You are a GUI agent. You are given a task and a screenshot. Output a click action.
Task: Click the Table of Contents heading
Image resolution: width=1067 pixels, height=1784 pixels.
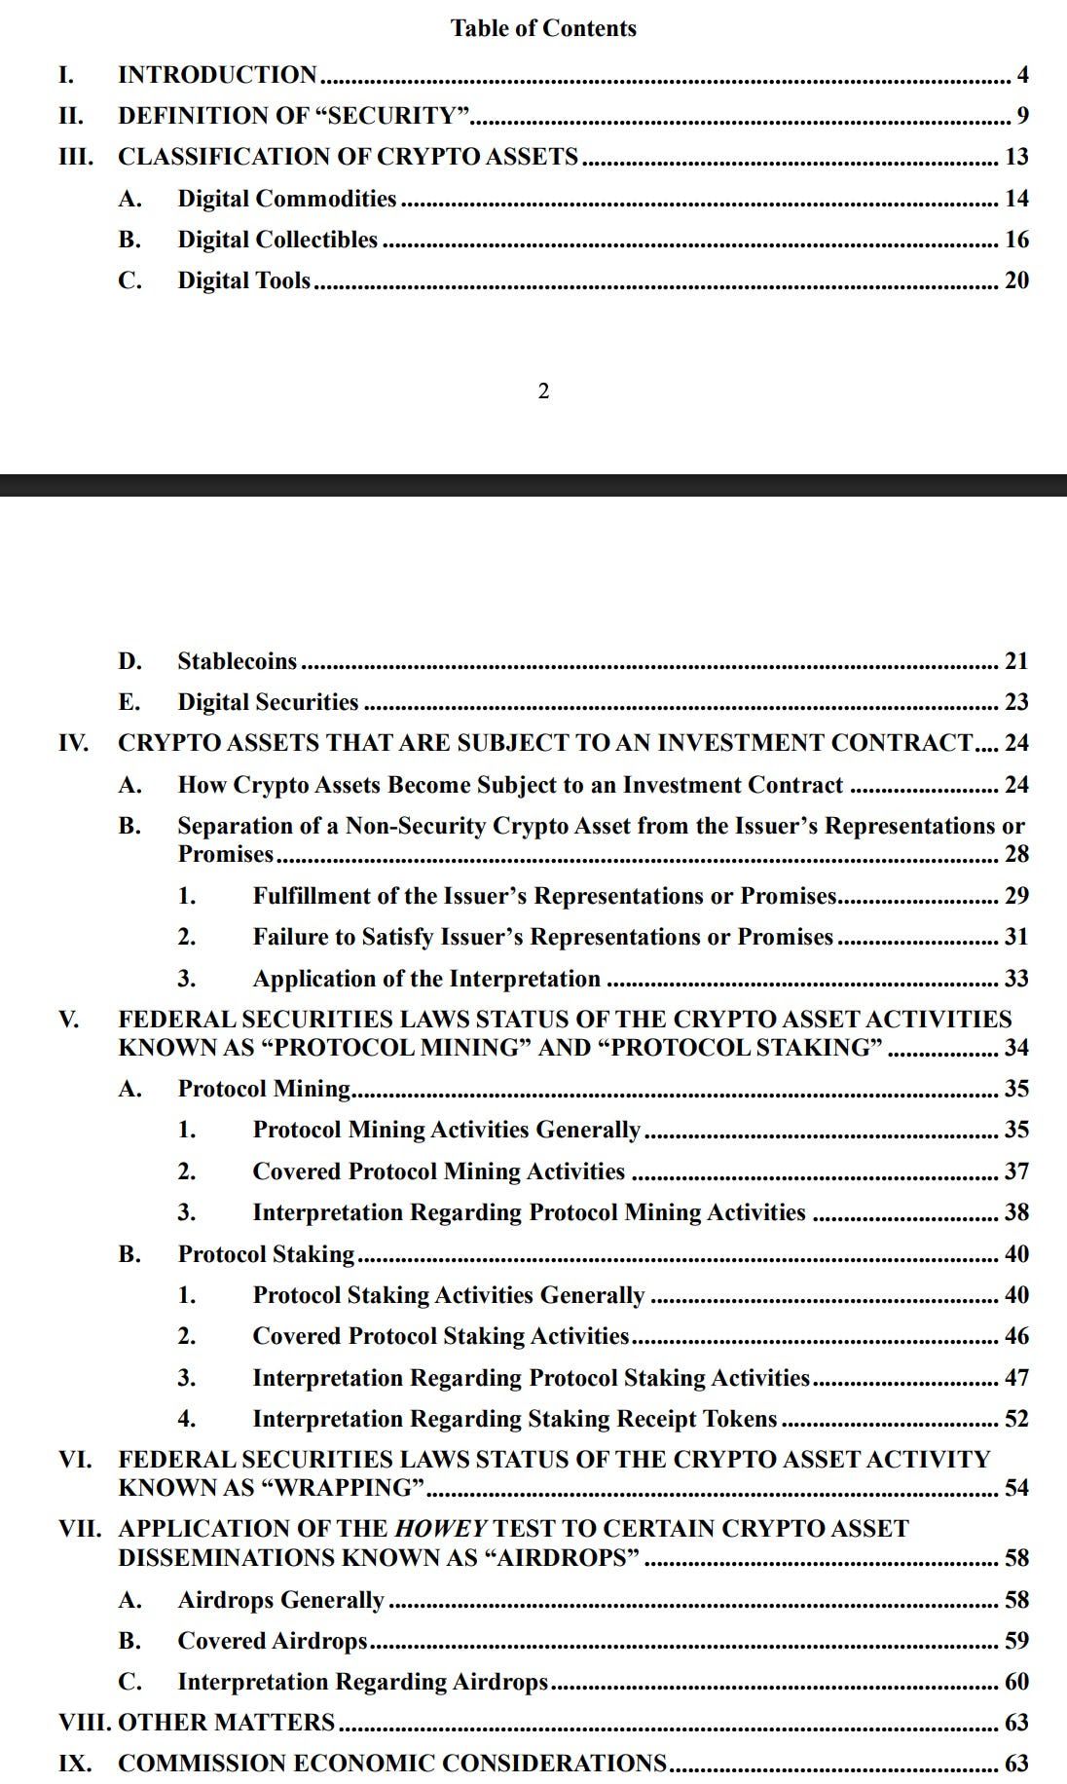point(543,28)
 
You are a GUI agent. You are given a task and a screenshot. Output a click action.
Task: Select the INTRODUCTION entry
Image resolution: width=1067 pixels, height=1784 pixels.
point(217,75)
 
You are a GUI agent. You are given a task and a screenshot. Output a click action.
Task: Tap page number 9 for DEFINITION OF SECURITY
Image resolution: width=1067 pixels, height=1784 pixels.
point(1022,116)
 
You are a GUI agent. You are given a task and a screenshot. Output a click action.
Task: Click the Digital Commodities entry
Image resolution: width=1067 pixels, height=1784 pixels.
point(286,199)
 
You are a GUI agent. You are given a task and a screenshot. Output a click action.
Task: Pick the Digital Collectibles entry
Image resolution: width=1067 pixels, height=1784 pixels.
point(277,240)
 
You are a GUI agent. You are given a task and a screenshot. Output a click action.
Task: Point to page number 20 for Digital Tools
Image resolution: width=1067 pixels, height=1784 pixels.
point(1016,280)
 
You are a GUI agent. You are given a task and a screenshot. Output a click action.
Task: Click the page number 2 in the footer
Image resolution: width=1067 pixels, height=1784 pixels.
point(543,391)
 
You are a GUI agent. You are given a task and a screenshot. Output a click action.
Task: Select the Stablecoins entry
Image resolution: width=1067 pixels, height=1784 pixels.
point(237,661)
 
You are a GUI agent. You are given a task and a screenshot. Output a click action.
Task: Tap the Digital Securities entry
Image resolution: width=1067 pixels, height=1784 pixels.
point(268,702)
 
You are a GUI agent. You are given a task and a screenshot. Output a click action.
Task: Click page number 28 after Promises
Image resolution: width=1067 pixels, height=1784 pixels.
point(1016,854)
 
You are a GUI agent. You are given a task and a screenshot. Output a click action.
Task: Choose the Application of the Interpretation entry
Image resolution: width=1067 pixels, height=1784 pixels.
point(426,979)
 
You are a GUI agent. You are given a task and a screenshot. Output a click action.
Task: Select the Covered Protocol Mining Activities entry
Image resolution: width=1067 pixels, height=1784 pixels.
point(438,1171)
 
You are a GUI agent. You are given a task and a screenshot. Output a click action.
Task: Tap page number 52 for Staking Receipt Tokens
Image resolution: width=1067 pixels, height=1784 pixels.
point(1016,1419)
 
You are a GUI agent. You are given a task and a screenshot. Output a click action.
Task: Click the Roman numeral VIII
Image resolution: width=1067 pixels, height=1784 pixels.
point(85,1723)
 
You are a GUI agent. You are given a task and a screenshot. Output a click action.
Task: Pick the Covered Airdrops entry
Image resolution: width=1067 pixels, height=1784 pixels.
point(272,1641)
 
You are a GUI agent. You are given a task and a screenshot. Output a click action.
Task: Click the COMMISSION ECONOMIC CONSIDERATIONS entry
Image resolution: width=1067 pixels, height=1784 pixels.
point(391,1764)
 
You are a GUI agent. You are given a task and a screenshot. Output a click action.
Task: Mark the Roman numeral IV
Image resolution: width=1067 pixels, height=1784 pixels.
point(73,743)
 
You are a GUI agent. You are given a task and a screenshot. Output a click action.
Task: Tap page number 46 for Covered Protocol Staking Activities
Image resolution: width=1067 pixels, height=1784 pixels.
point(1016,1336)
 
